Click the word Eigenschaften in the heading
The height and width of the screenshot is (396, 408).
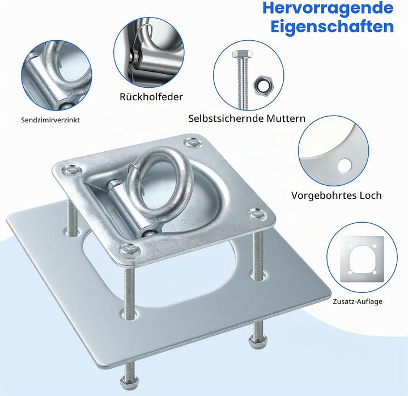coord(332,26)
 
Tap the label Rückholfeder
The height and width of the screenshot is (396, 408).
coord(151,97)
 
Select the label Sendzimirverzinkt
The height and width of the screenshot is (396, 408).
coord(50,120)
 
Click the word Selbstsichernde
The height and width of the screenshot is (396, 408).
coord(226,118)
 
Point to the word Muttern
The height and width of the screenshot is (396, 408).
coord(286,118)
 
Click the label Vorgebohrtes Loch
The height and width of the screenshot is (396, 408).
coord(337,195)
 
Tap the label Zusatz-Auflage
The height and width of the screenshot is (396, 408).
coord(358,301)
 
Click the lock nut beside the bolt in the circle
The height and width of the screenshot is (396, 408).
coord(261,85)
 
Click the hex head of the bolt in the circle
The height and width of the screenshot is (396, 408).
coord(243,54)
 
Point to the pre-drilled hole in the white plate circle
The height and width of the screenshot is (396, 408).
coord(345,166)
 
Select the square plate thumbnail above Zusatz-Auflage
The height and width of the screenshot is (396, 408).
coord(362,259)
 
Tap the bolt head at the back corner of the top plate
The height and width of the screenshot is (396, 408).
coord(193,143)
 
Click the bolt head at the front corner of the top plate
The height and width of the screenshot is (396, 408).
coord(130,249)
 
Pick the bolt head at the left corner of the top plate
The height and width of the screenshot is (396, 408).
coord(71,170)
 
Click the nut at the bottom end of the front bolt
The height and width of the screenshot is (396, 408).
coord(129,383)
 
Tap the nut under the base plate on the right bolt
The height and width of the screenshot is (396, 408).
coord(257,340)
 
